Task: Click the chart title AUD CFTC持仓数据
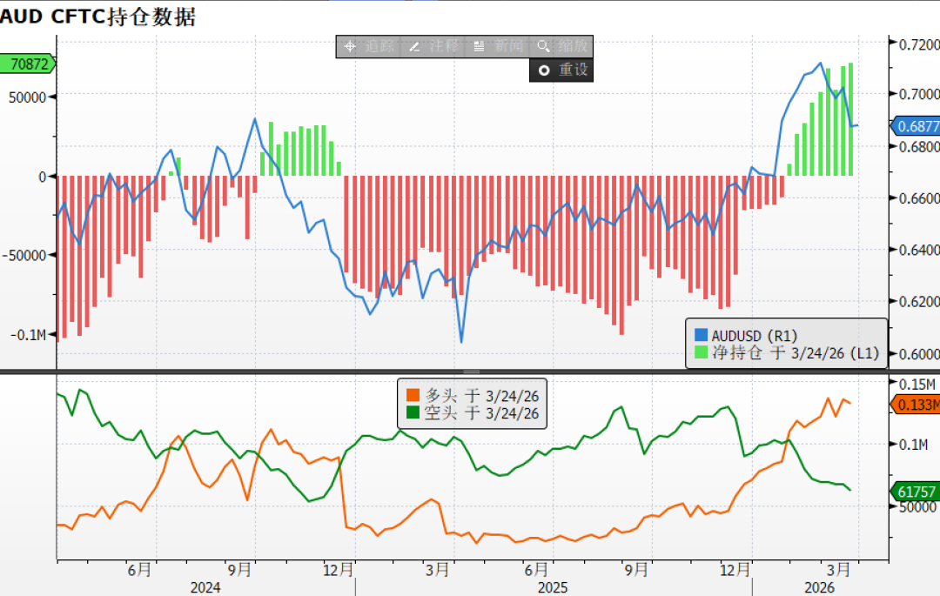[x=98, y=16]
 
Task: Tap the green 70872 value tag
[x=28, y=64]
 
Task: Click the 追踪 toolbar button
[x=369, y=47]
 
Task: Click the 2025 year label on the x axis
[x=554, y=587]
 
